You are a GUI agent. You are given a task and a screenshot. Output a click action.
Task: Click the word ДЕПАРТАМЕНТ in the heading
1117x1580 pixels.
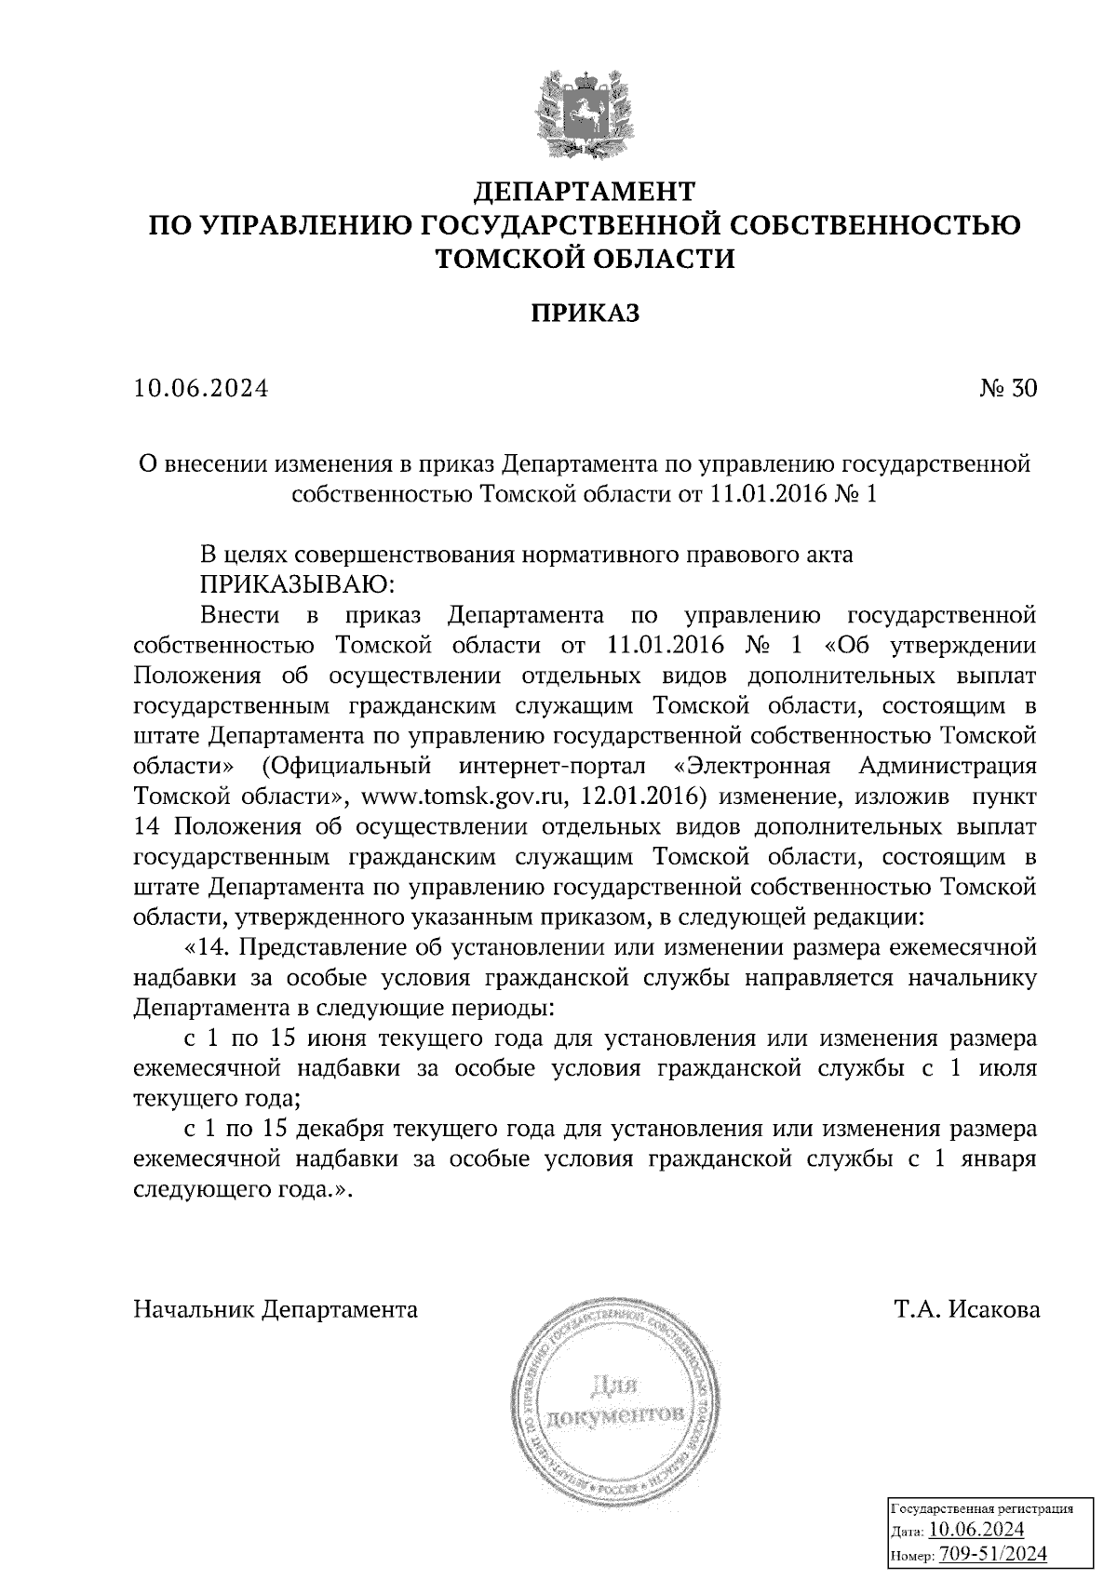pos(585,192)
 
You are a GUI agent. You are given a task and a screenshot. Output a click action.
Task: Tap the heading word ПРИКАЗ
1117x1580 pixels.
pos(585,314)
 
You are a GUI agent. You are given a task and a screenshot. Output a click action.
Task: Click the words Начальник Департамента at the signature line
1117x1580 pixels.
pos(276,1310)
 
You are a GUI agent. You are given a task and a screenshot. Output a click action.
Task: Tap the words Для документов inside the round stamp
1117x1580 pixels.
pos(615,1401)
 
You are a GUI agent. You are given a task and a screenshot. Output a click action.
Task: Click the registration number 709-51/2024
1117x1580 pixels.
pos(992,1553)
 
